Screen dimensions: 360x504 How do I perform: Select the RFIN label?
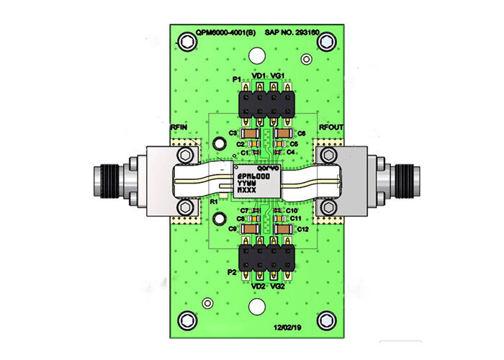179,127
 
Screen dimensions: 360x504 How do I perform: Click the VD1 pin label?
258,75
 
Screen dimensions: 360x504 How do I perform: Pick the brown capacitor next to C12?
284,228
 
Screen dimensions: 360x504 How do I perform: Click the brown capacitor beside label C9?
248,228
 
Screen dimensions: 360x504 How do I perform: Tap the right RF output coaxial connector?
392,180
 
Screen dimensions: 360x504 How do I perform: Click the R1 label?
213,204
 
